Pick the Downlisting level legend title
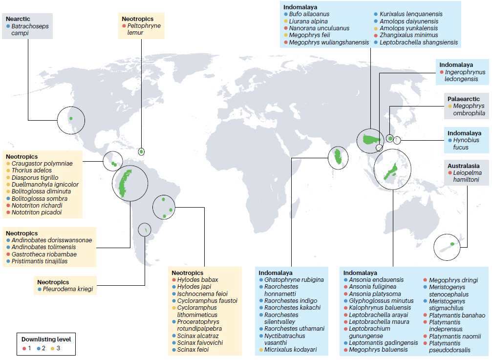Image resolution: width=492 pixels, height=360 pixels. [45, 339]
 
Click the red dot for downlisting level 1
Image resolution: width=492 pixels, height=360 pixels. [24, 348]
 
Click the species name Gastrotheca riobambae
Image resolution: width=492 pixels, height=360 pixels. [44, 254]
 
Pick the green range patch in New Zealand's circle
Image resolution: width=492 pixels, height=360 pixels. [452, 244]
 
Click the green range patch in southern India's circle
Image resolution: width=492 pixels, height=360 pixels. [338, 157]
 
